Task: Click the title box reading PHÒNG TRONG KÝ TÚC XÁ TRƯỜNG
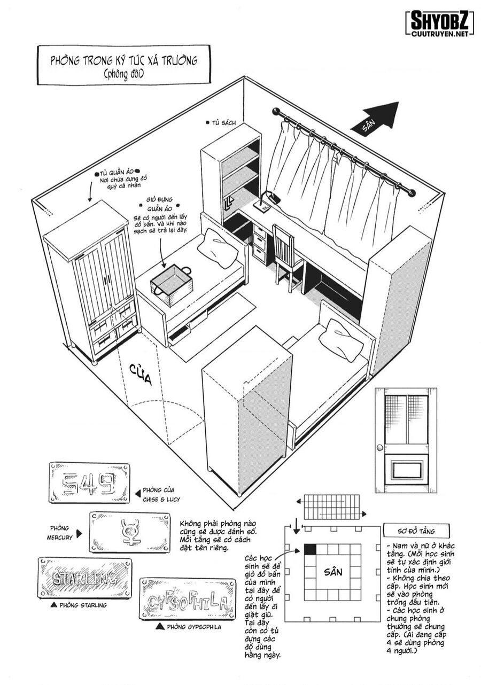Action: (123, 65)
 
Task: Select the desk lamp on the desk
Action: (269, 198)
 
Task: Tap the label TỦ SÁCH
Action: (223, 123)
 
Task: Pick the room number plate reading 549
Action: (89, 484)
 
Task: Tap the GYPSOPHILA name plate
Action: (187, 598)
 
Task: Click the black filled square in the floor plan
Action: (310, 549)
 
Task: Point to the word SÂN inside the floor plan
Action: (333, 572)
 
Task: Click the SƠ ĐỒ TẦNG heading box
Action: (409, 531)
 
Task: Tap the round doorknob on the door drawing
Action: (380, 447)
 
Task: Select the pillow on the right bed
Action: (339, 339)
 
